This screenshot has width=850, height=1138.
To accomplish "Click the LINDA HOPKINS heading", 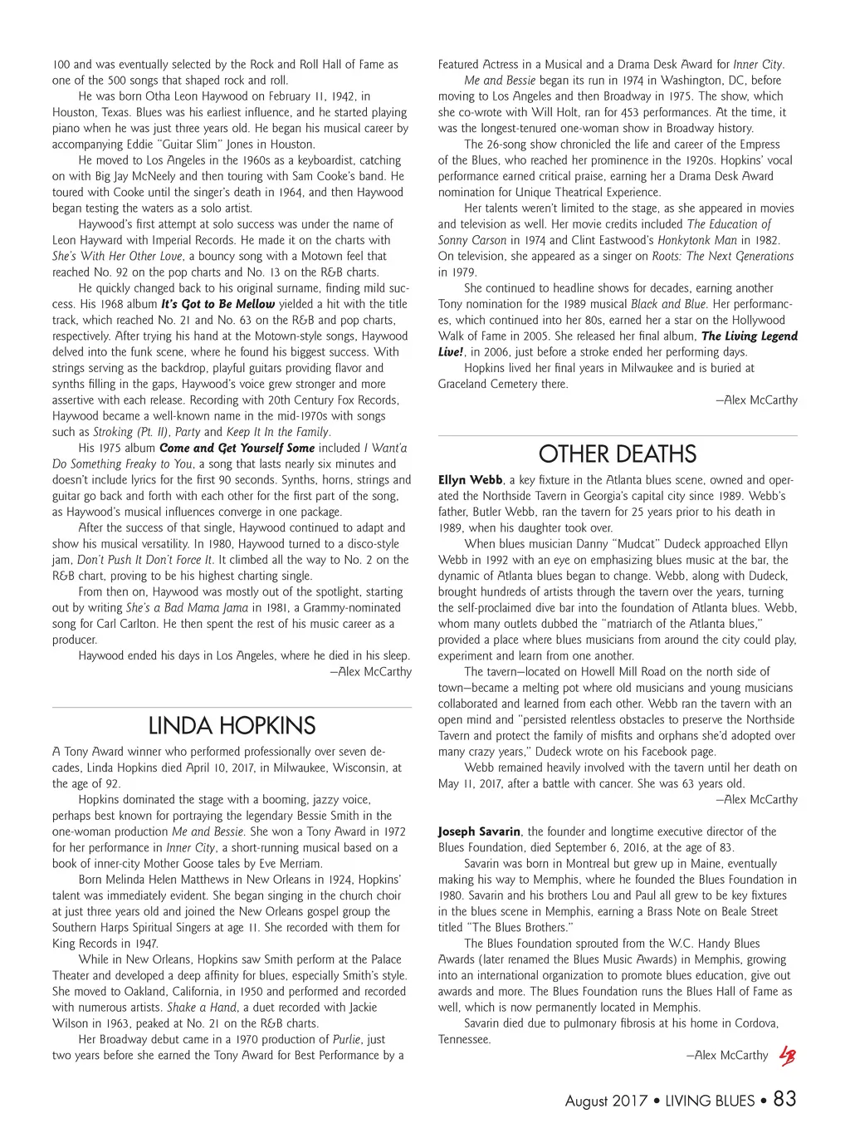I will click(x=232, y=725).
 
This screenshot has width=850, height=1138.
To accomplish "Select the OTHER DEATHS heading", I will click(x=618, y=454).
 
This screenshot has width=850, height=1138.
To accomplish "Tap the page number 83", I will click(x=784, y=1099).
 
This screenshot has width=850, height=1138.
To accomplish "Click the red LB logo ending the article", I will click(x=787, y=1056).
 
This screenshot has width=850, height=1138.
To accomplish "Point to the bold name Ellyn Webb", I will click(x=470, y=480).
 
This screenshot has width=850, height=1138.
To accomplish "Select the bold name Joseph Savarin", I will click(x=479, y=831).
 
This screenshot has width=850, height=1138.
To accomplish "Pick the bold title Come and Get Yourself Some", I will click(x=237, y=448).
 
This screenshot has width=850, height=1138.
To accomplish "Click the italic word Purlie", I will click(x=346, y=1039).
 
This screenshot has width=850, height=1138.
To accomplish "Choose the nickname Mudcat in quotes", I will click(x=614, y=544).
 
